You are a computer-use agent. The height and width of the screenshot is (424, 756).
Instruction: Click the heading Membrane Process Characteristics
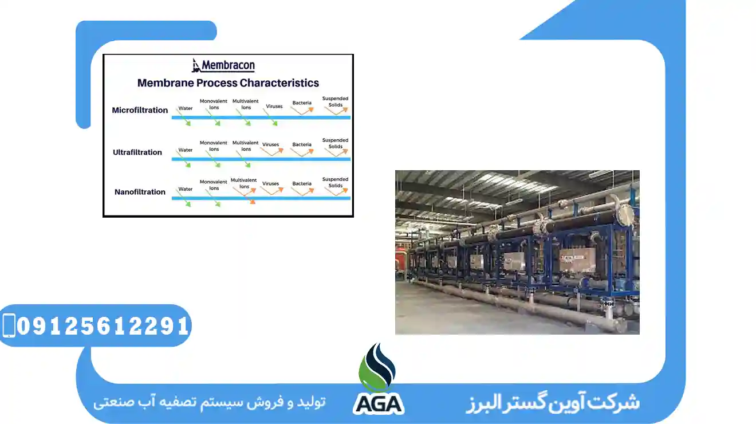(x=228, y=83)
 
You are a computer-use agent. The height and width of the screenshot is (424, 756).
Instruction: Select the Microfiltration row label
(x=140, y=110)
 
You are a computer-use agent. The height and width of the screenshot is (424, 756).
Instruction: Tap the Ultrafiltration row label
(x=137, y=152)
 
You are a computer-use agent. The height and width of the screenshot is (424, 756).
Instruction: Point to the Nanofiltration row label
(x=140, y=192)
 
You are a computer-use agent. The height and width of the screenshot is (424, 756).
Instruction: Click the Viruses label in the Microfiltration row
(x=274, y=106)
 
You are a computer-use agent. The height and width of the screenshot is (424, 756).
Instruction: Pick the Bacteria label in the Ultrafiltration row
(x=302, y=145)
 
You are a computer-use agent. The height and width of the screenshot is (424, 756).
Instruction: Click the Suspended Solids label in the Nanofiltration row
(x=335, y=182)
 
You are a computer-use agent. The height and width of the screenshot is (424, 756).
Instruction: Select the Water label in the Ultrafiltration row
(x=186, y=150)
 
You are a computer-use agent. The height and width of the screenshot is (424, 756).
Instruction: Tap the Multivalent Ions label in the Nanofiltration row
(x=245, y=183)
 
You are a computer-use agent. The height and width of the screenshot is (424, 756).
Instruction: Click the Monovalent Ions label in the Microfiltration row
(x=214, y=104)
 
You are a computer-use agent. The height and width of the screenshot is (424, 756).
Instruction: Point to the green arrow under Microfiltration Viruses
(x=272, y=120)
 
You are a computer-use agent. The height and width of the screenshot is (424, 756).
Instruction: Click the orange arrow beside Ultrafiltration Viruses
(x=272, y=152)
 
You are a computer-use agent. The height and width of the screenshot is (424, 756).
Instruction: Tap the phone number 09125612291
(x=103, y=326)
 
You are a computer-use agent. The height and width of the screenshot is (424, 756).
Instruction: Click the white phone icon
(x=9, y=325)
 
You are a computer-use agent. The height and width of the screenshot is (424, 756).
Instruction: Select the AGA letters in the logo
(x=378, y=403)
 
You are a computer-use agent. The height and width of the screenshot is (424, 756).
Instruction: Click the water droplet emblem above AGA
(x=377, y=367)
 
